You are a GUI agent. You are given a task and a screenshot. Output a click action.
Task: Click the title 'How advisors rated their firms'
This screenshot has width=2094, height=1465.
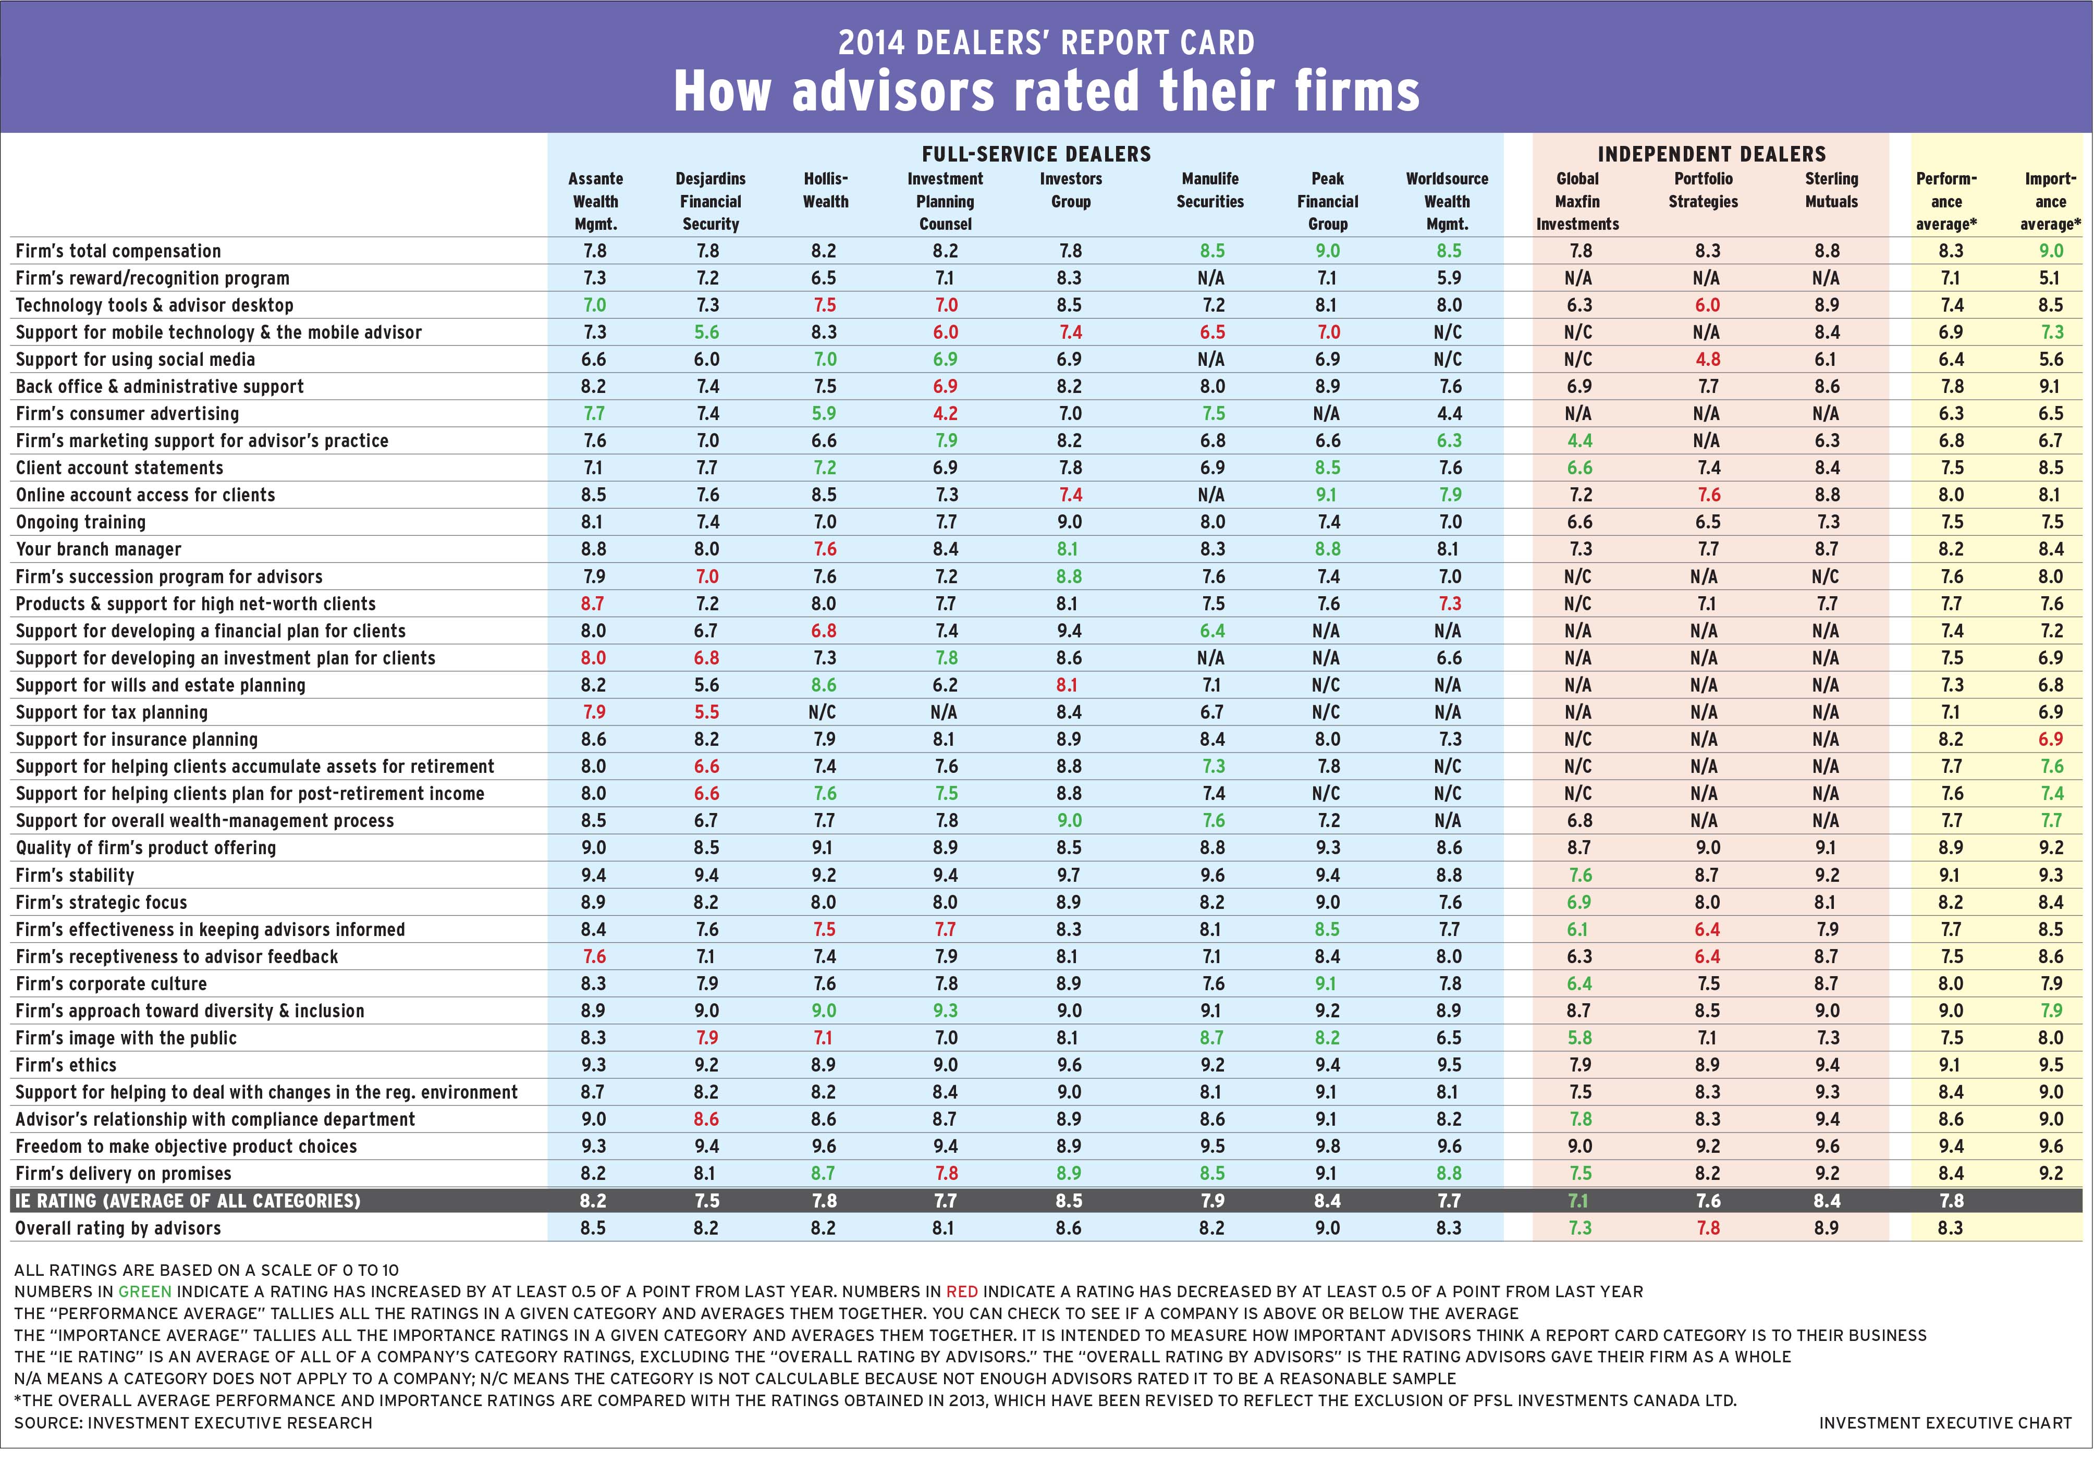pos(1046,91)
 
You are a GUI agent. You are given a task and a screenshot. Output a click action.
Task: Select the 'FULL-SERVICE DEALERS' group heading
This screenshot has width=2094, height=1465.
pos(1036,154)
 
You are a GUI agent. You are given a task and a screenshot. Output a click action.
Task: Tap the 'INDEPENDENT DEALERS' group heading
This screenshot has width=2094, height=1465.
pos(1711,154)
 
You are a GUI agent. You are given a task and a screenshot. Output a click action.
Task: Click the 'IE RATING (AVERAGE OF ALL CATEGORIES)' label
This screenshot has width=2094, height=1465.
pos(188,1201)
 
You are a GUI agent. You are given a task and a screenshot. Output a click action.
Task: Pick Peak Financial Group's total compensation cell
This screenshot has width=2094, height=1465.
pos(1327,251)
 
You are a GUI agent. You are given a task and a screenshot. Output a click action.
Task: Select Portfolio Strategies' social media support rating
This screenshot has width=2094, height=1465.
pos(1707,359)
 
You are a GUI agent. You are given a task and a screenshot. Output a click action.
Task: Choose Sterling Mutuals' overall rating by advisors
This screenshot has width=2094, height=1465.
pos(1826,1228)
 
